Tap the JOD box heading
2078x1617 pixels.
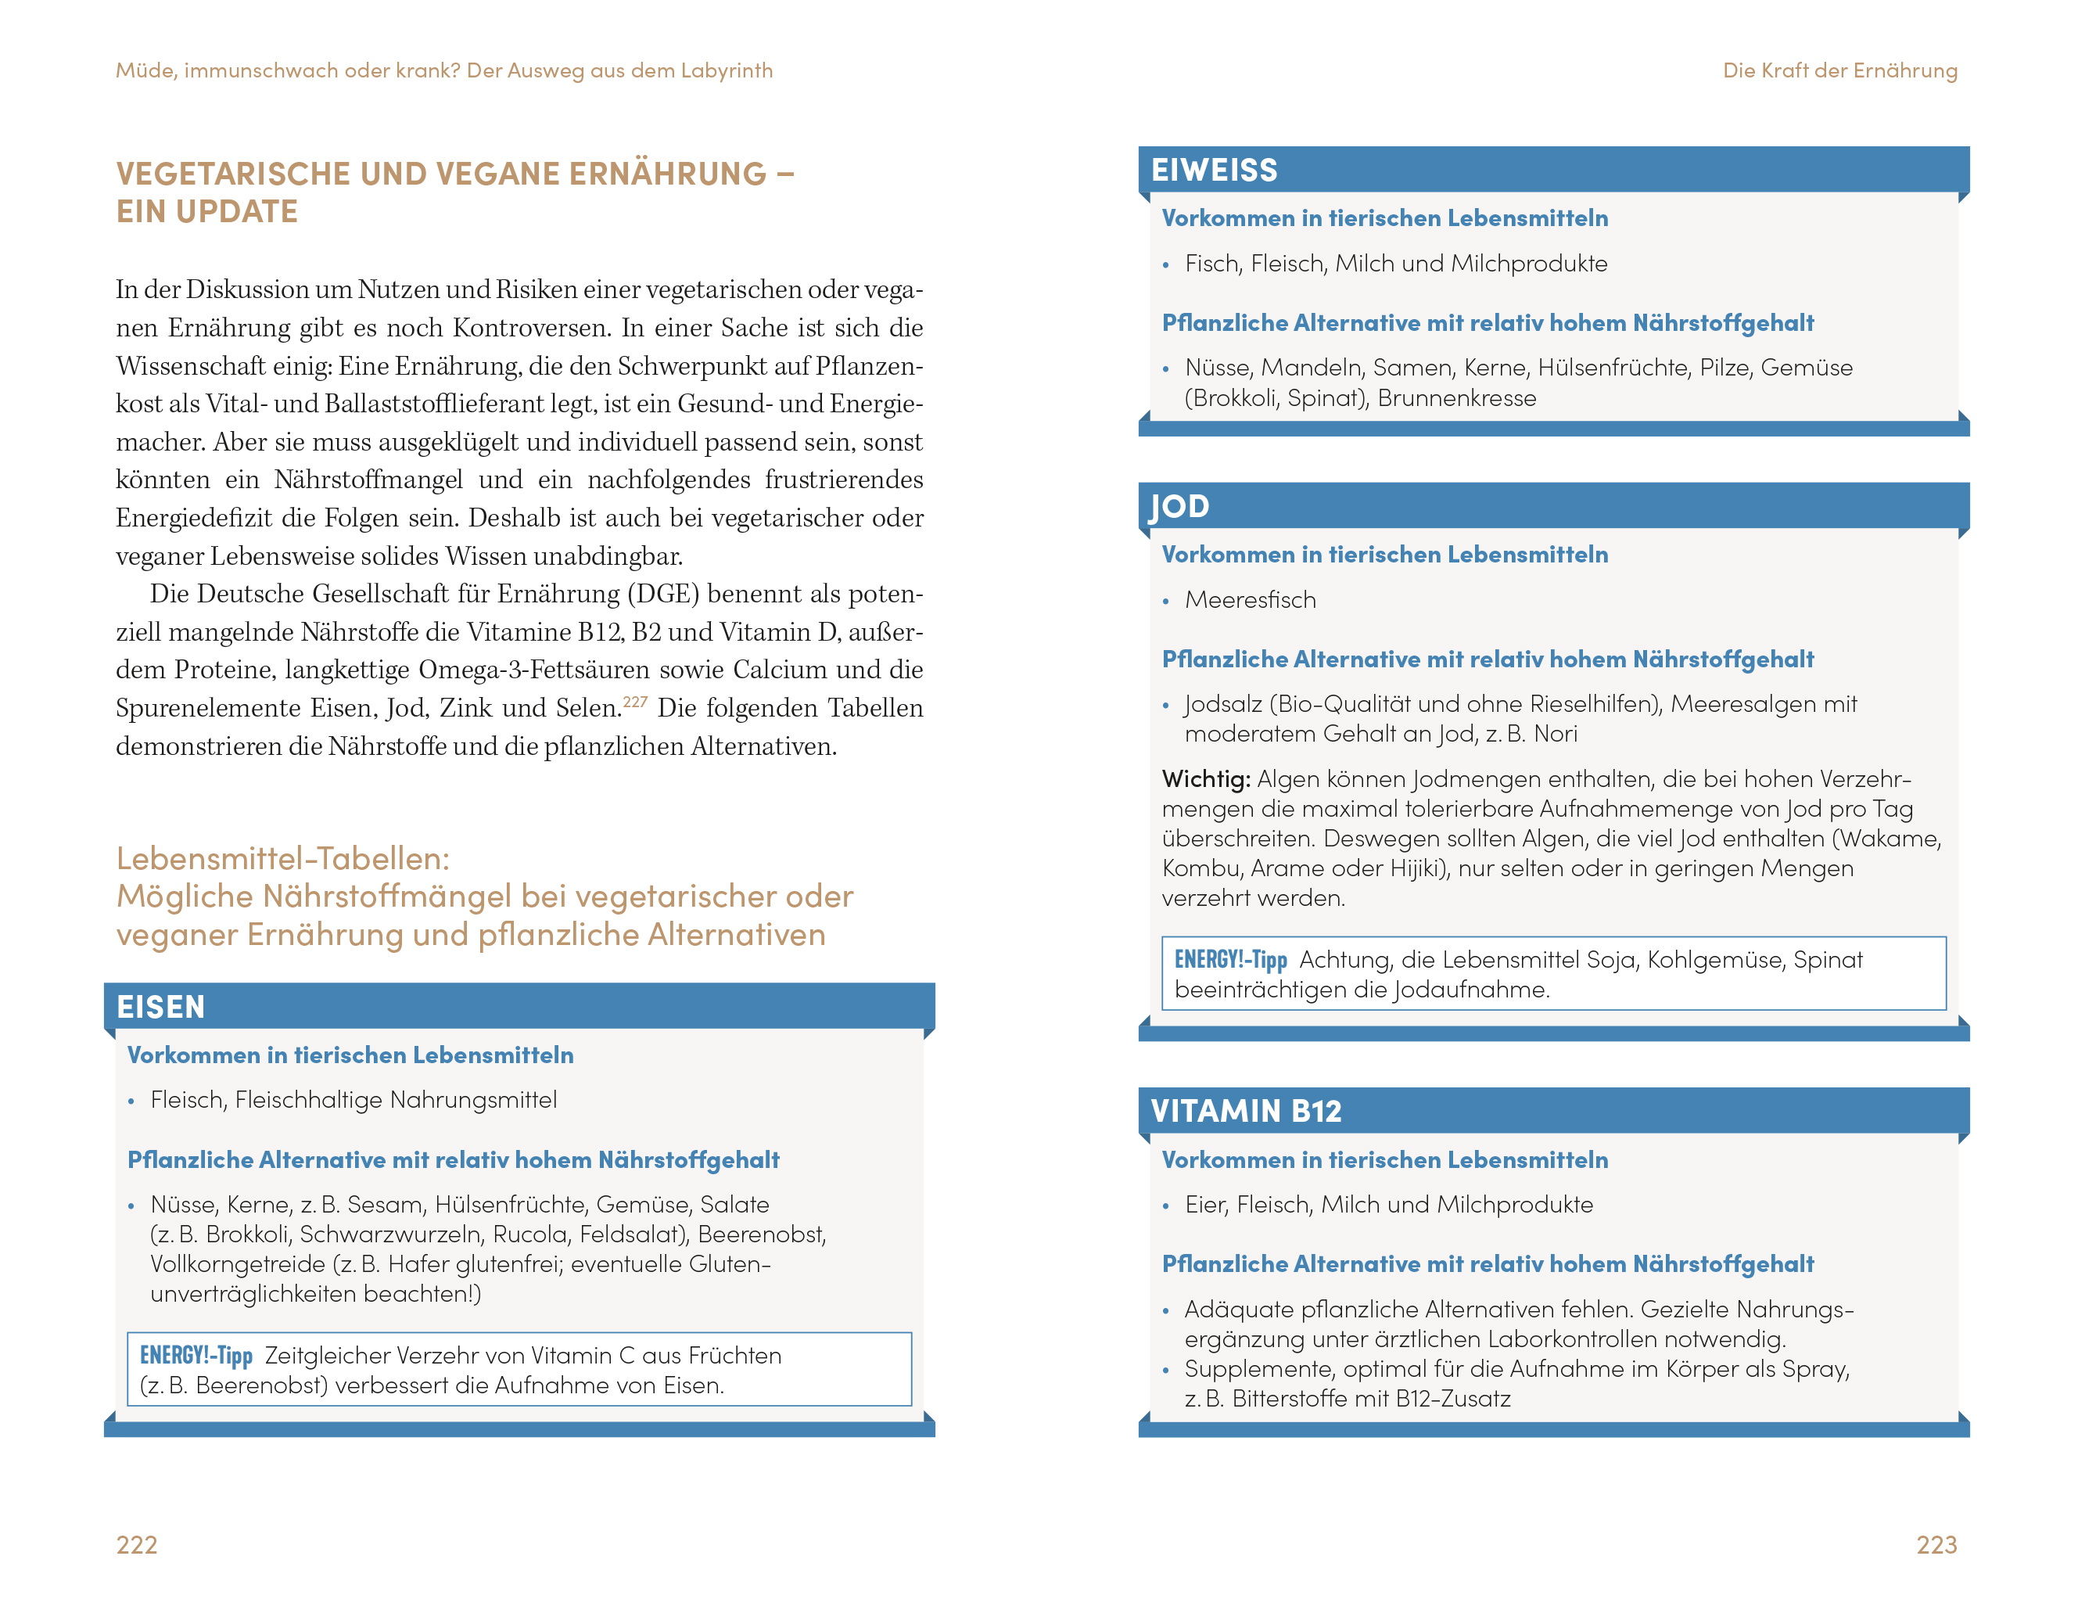click(1180, 505)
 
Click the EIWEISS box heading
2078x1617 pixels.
click(1214, 170)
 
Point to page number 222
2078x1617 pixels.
click(137, 1543)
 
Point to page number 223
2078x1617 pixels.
click(1936, 1543)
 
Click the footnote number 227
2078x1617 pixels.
click(634, 702)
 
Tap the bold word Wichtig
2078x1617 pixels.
click(1205, 778)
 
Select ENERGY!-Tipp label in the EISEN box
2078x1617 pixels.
click(196, 1355)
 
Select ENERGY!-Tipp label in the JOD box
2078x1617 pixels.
click(1230, 959)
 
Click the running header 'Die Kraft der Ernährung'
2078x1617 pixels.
click(1839, 70)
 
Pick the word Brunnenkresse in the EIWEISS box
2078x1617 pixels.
click(1457, 398)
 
